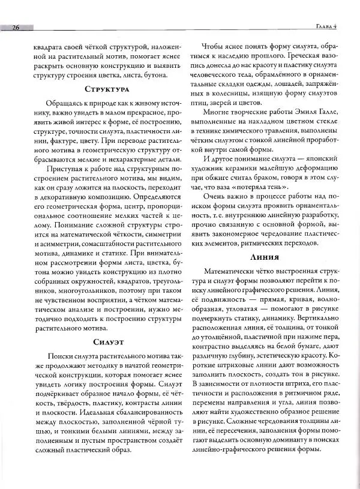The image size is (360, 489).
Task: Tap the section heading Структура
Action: point(107,89)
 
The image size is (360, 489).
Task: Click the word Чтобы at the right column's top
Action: point(215,46)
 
